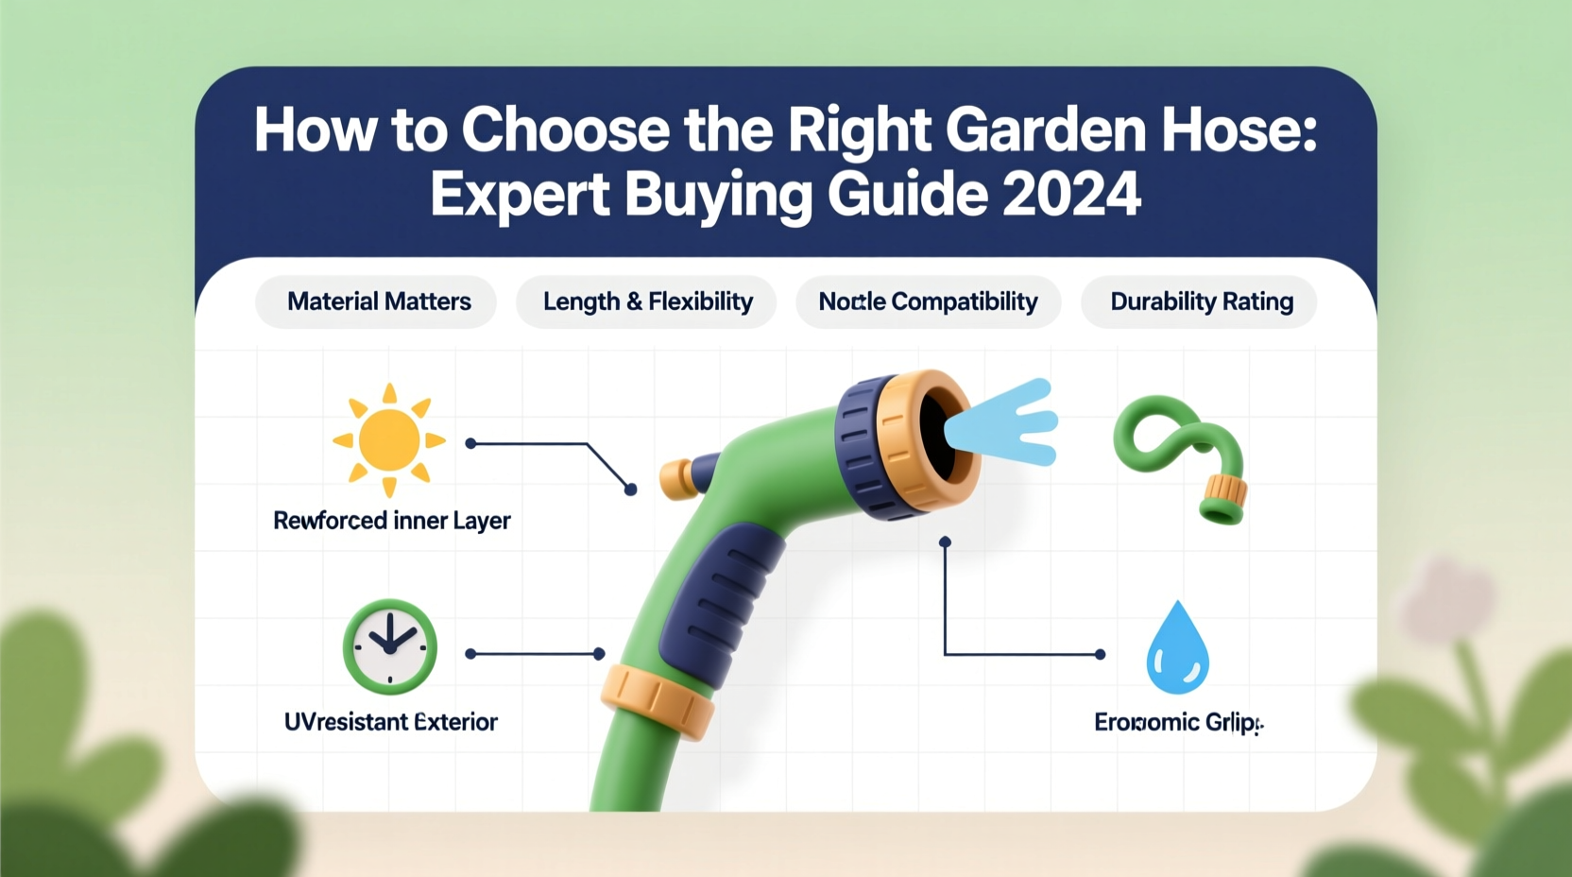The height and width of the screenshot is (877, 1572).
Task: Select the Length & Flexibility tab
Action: pos(647,301)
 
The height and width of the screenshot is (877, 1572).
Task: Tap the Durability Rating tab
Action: pos(1200,301)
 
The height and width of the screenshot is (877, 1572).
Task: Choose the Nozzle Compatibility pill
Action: pos(928,301)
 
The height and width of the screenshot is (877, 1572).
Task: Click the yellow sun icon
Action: pos(389,440)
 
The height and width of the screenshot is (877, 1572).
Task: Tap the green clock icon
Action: pos(389,646)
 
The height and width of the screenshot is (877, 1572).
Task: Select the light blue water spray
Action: pos(1007,423)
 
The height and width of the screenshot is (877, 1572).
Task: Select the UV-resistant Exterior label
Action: pos(390,722)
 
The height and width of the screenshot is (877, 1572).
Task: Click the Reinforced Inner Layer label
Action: pos(391,521)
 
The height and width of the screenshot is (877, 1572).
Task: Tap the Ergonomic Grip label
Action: pos(1177,723)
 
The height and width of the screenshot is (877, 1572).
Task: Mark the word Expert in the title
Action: pos(520,195)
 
